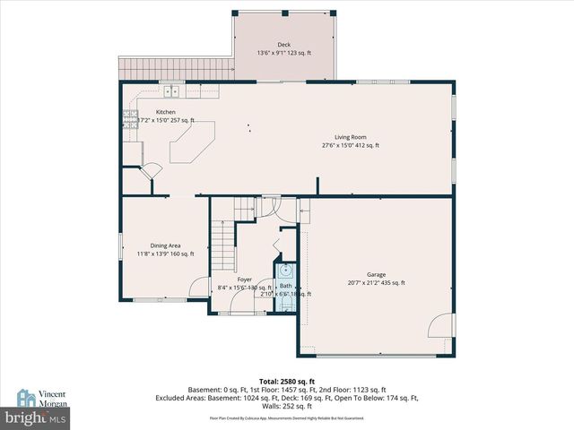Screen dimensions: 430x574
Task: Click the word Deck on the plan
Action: coord(283,44)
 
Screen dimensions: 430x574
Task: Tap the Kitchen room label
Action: coord(152,112)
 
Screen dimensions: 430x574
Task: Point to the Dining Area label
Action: coord(165,245)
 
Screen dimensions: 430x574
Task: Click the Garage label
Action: coord(376,274)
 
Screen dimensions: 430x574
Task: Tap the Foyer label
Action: coord(244,279)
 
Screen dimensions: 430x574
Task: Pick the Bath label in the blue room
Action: coord(285,286)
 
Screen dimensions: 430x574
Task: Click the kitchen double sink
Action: coord(171,90)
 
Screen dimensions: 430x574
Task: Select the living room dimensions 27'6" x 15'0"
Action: coord(351,145)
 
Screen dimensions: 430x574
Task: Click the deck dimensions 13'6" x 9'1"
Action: coord(283,52)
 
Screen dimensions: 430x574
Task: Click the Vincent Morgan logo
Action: coord(40,398)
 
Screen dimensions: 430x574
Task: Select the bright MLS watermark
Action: coord(35,418)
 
